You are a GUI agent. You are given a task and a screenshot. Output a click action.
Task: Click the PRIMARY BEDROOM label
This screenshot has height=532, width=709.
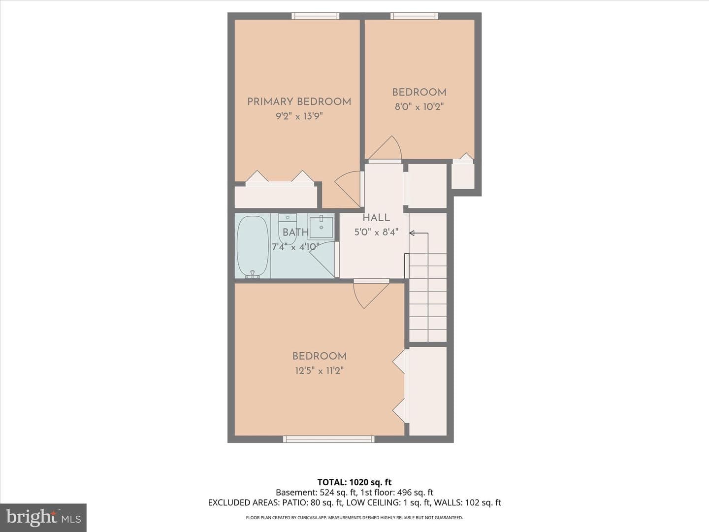coord(299,102)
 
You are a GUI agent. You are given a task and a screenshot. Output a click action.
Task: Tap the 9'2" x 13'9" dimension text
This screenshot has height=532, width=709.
coord(299,116)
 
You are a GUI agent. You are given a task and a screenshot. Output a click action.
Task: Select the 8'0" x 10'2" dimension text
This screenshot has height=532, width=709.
coord(419,106)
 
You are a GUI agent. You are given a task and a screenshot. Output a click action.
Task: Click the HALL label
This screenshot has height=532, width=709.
coord(376,218)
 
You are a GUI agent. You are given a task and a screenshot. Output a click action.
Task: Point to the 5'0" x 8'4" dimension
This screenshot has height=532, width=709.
coord(376,232)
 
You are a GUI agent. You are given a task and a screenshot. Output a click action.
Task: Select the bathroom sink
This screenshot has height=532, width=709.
coord(321,228)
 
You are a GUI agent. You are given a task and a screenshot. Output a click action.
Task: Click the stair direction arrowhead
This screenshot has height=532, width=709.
coord(412,233)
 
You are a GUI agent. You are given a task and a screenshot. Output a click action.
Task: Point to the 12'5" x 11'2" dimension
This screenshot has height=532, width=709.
coord(319,370)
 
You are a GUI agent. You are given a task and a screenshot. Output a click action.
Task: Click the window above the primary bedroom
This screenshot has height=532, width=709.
coord(316,16)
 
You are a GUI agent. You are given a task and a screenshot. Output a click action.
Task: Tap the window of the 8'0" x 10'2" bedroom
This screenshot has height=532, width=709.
coord(414,16)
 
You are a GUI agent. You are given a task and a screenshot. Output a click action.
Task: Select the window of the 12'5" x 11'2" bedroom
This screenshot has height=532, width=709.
coord(329,439)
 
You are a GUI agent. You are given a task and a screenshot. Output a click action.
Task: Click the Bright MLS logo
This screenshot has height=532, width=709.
coord(43,517)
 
